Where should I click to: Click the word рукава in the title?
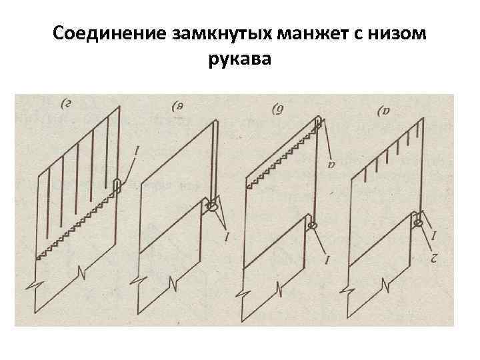[x=240, y=61]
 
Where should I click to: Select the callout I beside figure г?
[x=137, y=153]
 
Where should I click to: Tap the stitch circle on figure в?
[x=213, y=207]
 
